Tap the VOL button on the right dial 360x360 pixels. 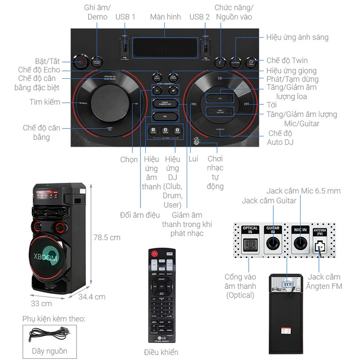coord(219,98)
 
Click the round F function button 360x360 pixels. coord(220,62)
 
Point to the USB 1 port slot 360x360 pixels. coord(125,47)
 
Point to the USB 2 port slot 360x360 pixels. coord(206,47)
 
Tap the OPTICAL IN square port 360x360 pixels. coord(250,244)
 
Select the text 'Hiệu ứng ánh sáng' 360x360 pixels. coord(297,37)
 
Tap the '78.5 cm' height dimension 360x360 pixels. coord(107,237)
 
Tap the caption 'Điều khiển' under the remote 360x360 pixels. coord(161,352)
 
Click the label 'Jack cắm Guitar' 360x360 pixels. coord(269,201)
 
